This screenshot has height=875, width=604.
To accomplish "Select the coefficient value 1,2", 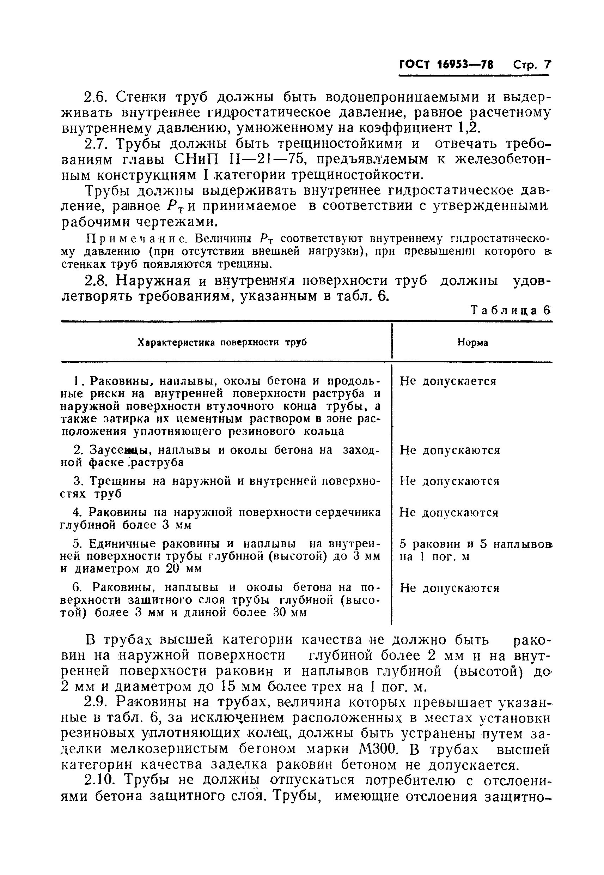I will [x=469, y=128].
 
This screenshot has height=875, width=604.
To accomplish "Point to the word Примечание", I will [x=137, y=239].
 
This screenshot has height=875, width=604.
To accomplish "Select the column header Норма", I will [x=472, y=342].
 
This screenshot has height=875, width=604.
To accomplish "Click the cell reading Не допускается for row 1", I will [x=447, y=381].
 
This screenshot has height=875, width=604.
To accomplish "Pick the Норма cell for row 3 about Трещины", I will [x=449, y=481].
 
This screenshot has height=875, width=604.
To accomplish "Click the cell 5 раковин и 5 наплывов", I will [x=475, y=544].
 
